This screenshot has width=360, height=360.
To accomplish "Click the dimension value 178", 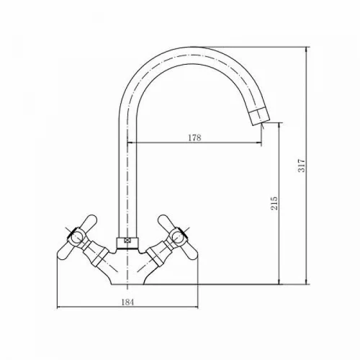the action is coord(194,138).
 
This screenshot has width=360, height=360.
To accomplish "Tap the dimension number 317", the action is coord(302,165).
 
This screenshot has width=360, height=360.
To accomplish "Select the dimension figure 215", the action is coord(274,203).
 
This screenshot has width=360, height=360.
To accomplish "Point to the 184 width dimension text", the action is coord(127,302).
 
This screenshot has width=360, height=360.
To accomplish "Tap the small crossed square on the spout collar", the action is coord(127,240).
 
